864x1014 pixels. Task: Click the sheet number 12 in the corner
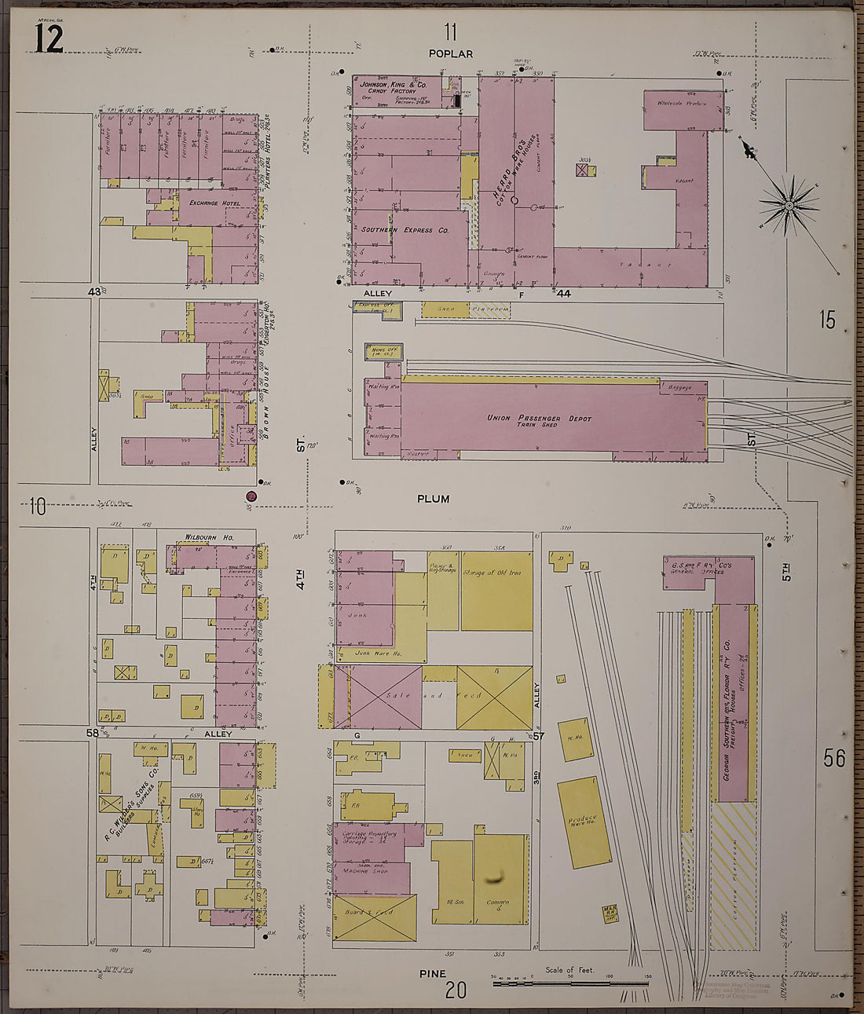click(48, 38)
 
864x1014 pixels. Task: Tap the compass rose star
click(789, 206)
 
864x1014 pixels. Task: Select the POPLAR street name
click(451, 53)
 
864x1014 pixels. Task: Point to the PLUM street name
click(433, 498)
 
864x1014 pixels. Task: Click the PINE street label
click(432, 973)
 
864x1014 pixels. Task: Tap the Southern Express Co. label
click(405, 230)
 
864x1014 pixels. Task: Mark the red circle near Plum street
click(251, 496)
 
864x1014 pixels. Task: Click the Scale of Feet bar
click(570, 982)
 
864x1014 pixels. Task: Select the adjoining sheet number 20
click(456, 990)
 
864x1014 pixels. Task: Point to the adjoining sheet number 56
click(834, 758)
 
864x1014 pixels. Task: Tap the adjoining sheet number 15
click(827, 320)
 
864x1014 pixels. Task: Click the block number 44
click(563, 294)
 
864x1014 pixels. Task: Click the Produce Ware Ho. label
click(583, 822)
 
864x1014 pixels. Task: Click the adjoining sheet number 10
click(37, 507)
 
